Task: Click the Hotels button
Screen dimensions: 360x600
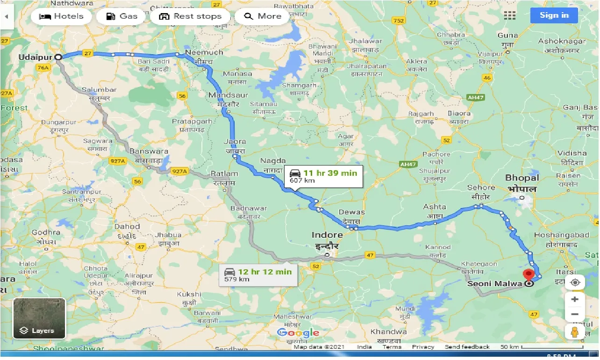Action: point(61,16)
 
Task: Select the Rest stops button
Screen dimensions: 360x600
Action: point(190,16)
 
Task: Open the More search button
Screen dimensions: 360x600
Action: point(262,16)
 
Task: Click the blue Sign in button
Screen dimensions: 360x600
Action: point(554,15)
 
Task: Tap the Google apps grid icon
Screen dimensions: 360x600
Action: point(510,15)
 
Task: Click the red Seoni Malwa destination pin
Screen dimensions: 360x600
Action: point(529,275)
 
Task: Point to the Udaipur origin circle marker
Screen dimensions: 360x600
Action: point(58,57)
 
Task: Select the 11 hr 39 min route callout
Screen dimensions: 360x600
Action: point(323,176)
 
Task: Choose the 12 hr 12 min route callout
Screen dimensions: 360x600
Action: point(258,275)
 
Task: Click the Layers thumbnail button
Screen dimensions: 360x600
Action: point(39,318)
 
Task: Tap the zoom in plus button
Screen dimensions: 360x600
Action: point(575,299)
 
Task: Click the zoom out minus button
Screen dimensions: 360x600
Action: point(575,314)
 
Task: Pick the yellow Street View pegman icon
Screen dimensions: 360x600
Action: point(575,332)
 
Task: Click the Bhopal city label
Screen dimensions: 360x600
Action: point(522,178)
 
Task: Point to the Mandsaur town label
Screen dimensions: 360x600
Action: point(224,95)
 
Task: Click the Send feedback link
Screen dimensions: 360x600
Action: point(467,347)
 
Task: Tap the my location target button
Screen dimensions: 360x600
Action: point(575,282)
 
